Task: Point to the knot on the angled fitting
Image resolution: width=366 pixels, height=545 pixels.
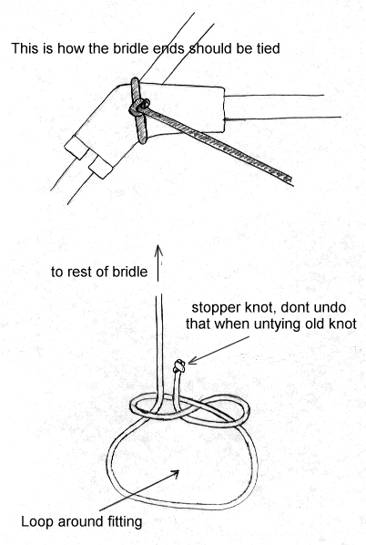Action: [139, 107]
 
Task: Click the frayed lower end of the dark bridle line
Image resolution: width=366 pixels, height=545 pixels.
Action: [288, 180]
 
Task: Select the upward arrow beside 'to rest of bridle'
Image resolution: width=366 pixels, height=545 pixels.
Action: [158, 262]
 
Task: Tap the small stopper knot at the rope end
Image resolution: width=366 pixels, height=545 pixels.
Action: [179, 366]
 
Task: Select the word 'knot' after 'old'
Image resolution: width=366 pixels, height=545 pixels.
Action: [343, 324]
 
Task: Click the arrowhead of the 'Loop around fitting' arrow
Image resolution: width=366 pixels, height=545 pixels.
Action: [175, 473]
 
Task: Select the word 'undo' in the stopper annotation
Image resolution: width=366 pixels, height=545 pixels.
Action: [331, 308]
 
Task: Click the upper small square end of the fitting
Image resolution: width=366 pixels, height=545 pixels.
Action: [77, 147]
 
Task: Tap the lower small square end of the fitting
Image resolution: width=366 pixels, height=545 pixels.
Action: [101, 167]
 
